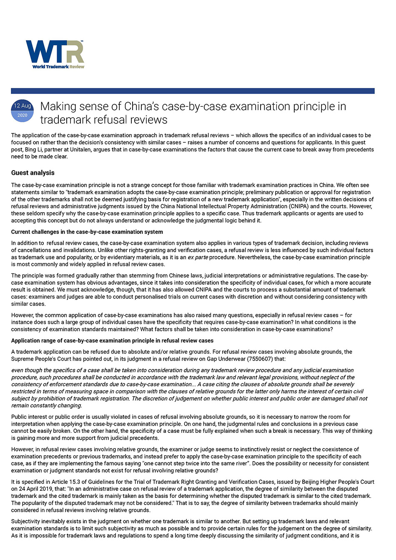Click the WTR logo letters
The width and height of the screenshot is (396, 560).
click(55, 51)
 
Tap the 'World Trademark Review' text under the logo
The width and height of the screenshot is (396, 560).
click(58, 67)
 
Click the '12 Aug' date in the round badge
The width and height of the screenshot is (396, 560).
click(23, 106)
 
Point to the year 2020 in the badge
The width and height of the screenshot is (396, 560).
click(23, 115)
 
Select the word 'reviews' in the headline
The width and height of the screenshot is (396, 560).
click(148, 120)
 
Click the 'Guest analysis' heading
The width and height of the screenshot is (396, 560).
click(33, 173)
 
